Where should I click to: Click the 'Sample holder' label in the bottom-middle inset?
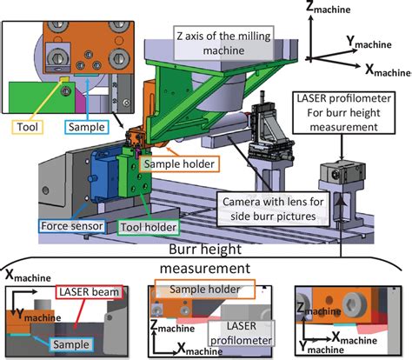[x=205, y=288]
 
